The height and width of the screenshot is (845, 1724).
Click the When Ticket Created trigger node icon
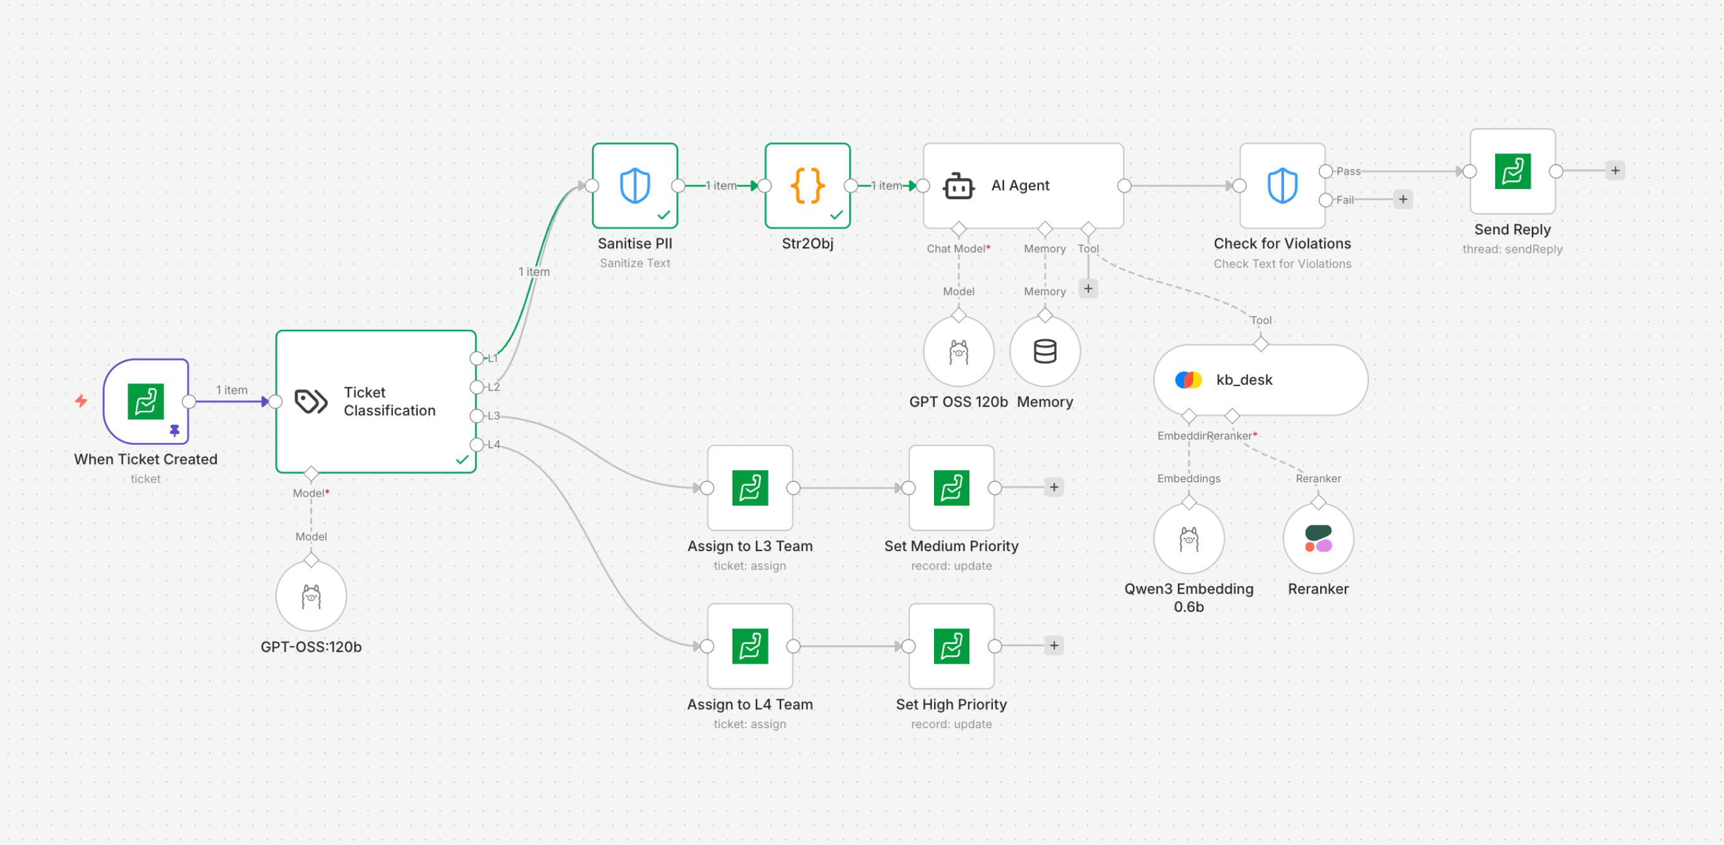[146, 401]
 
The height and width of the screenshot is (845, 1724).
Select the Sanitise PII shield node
[634, 185]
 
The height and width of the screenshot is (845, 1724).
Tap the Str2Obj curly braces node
[807, 185]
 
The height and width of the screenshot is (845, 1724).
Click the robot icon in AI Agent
[958, 186]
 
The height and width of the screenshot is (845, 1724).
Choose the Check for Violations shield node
[1282, 185]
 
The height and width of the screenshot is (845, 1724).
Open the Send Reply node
[1512, 171]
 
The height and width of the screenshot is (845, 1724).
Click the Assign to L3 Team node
[750, 488]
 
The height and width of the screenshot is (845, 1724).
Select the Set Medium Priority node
[951, 488]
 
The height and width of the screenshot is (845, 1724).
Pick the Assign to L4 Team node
[750, 647]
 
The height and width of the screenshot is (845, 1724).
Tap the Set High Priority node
[951, 647]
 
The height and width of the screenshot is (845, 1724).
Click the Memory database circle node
[1045, 351]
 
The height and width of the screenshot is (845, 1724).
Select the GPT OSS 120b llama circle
[958, 351]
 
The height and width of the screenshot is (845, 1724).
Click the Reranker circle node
[1318, 538]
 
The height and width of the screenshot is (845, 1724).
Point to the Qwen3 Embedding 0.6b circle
[1189, 538]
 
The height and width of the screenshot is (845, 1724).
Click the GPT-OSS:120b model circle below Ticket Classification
[311, 596]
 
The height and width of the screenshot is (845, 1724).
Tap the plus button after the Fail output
[1403, 199]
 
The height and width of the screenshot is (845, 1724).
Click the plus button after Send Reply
[1615, 171]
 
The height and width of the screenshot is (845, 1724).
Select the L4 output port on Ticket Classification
[477, 445]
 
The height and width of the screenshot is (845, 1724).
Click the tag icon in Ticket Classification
[311, 401]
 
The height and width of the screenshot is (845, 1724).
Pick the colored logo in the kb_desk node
[1188, 380]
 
